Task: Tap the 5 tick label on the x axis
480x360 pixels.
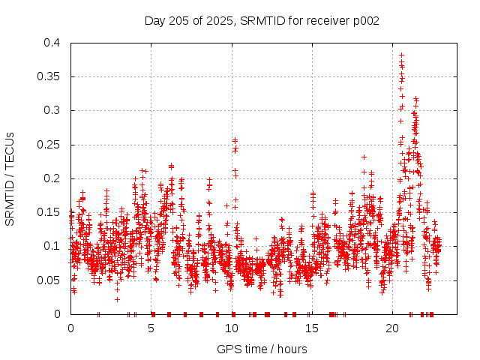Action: click(x=151, y=328)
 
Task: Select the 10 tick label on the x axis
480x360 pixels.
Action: click(x=232, y=328)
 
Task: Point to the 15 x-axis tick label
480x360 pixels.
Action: click(x=312, y=328)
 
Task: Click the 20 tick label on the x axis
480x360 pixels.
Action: click(x=392, y=328)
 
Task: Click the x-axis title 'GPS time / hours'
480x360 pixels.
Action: click(x=262, y=349)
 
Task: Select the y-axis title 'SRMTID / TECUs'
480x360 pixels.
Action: click(x=10, y=178)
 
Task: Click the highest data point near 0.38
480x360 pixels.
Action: click(x=401, y=55)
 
